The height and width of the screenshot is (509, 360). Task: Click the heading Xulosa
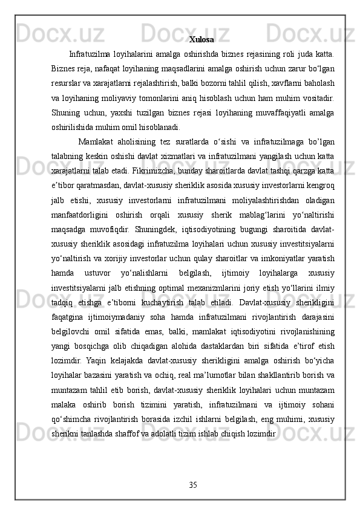[x=201, y=40]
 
